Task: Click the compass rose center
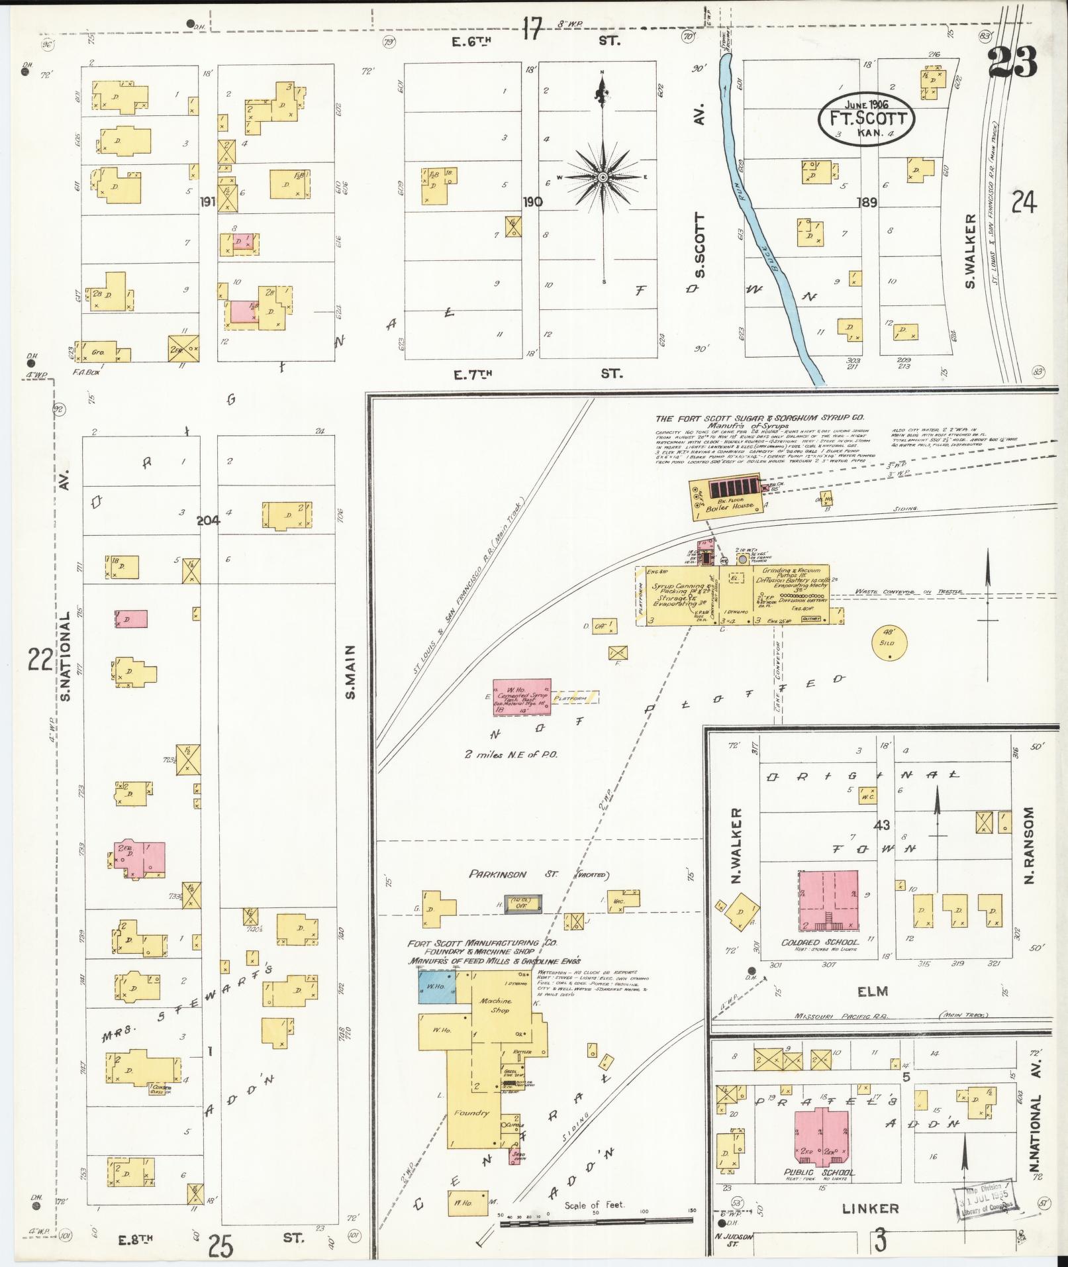(x=603, y=178)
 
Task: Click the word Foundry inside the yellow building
(x=471, y=1112)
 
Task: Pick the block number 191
(x=208, y=202)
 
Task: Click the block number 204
(x=208, y=521)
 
